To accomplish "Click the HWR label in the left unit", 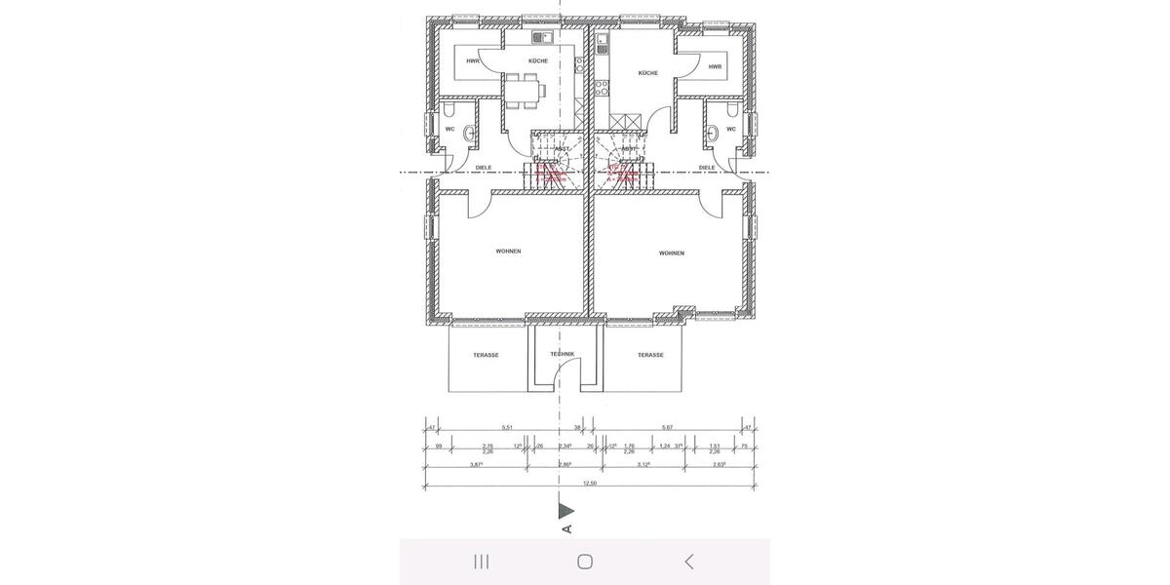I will pyautogui.click(x=473, y=61).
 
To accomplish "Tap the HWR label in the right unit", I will pyautogui.click(x=715, y=67).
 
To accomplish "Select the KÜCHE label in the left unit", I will pyautogui.click(x=537, y=61).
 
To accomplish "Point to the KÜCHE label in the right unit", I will pyautogui.click(x=647, y=73).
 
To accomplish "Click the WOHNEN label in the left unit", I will pyautogui.click(x=508, y=252).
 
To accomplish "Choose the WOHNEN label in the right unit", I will pyautogui.click(x=671, y=253).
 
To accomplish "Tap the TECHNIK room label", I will pyautogui.click(x=562, y=354).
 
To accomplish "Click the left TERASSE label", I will pyautogui.click(x=486, y=355).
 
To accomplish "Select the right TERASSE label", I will pyautogui.click(x=650, y=355).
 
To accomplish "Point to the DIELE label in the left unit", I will pyautogui.click(x=483, y=167).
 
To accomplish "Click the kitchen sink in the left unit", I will pyautogui.click(x=542, y=39).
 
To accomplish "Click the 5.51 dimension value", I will pyautogui.click(x=506, y=427).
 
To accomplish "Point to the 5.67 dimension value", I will pyautogui.click(x=667, y=427).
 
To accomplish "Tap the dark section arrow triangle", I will pyautogui.click(x=565, y=510).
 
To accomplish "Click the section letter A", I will pyautogui.click(x=566, y=529).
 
